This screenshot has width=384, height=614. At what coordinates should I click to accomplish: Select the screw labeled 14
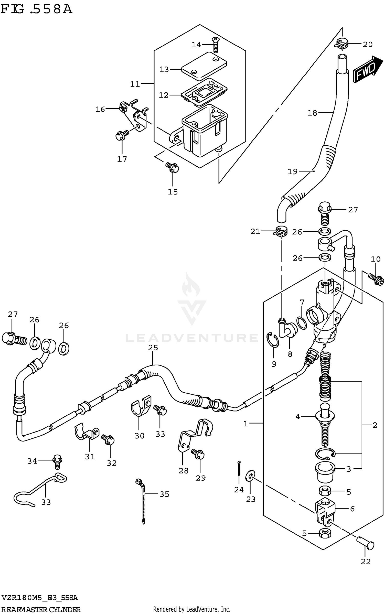215,45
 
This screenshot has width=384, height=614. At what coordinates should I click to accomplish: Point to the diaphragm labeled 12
204,92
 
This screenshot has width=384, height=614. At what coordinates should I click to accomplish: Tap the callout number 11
135,84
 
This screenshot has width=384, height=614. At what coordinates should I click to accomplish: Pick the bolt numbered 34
57,461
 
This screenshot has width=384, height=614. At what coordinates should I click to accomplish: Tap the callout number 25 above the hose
153,348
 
